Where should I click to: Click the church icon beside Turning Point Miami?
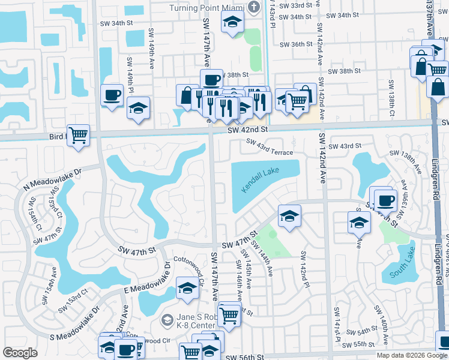coord(255,7)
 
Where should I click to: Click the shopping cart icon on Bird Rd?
coord(79,135)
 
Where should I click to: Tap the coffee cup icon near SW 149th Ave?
coord(112,95)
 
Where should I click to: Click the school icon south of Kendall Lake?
coord(289,215)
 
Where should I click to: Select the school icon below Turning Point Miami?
coord(232,23)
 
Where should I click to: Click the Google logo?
coord(20,352)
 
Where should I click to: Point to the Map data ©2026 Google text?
coord(412,355)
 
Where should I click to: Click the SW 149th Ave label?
coord(130,71)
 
